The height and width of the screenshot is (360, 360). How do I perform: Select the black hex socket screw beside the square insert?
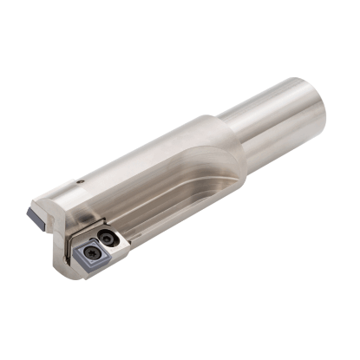[x=108, y=236]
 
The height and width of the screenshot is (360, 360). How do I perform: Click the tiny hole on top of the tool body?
[x=80, y=181]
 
